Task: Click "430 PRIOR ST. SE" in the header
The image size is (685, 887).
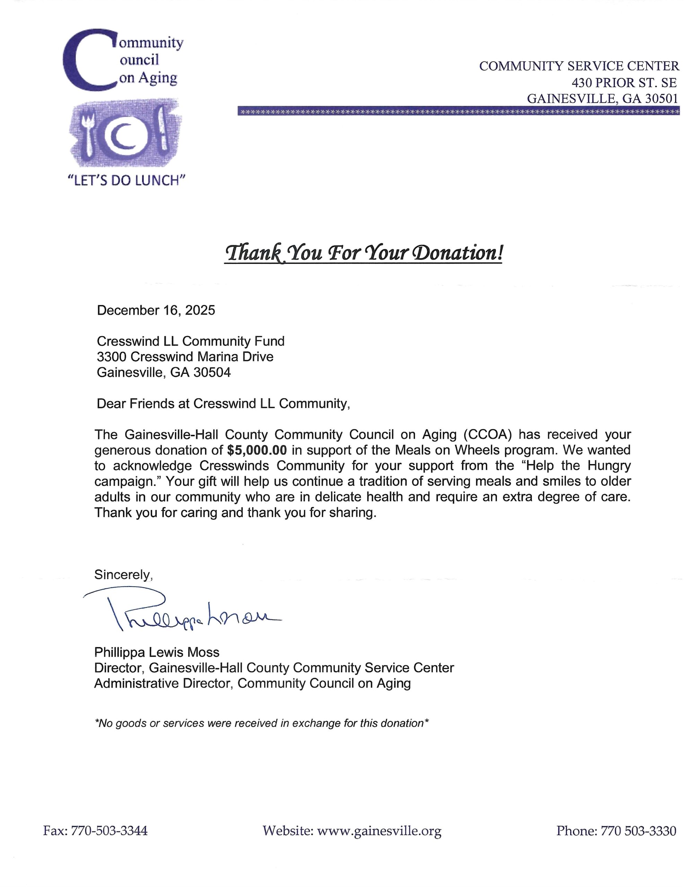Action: click(624, 82)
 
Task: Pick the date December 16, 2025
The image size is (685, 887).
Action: click(156, 310)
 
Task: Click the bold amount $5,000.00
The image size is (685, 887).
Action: click(257, 450)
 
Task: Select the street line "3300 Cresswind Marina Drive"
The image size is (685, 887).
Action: click(185, 357)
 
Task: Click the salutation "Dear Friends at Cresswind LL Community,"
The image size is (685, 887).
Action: click(223, 404)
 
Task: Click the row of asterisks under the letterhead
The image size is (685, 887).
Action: click(458, 111)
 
